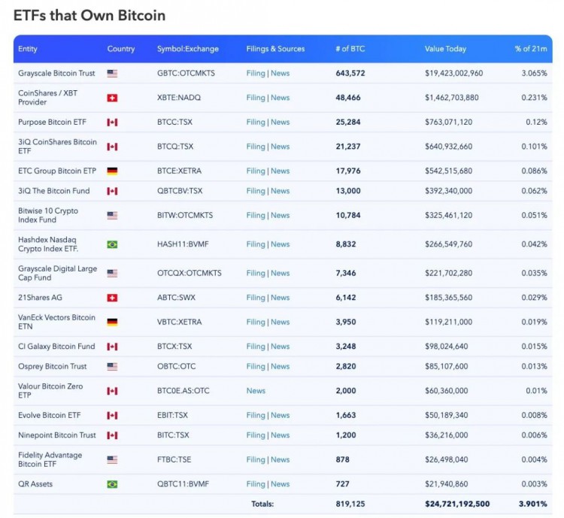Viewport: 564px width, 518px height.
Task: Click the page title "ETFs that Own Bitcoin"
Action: (89, 15)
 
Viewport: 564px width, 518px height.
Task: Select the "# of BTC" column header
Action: (350, 49)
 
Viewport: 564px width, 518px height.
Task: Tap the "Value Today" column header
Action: (445, 49)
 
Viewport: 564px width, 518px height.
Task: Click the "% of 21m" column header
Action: (531, 49)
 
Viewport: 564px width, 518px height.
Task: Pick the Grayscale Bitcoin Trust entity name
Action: (56, 73)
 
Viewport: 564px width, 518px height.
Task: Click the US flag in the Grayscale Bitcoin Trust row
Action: (112, 74)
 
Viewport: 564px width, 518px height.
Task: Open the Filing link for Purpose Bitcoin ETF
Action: (256, 122)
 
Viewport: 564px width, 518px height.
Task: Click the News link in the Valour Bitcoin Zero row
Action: (256, 391)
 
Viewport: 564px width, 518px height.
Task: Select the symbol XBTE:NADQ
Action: (179, 98)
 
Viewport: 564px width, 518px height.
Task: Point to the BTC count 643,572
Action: (350, 73)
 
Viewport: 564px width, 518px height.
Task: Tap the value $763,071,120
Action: (448, 122)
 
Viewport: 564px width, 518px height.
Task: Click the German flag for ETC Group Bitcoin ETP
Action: (112, 171)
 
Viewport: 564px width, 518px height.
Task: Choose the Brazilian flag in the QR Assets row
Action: (112, 484)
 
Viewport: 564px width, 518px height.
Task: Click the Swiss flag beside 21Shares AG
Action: (112, 298)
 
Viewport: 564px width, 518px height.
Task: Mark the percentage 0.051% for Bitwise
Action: (535, 215)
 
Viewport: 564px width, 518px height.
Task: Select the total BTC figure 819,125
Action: (350, 504)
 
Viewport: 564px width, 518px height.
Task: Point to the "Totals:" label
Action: (262, 504)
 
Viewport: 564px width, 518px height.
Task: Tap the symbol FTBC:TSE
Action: (175, 459)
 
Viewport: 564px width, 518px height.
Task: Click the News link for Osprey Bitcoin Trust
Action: (280, 366)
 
